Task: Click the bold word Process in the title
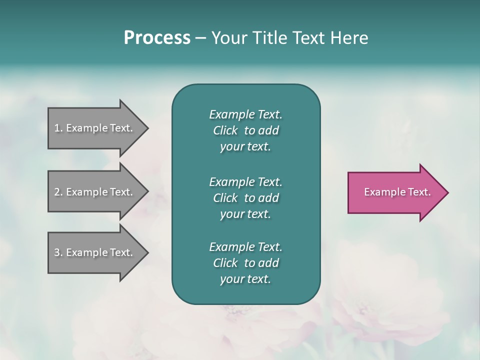[x=157, y=38]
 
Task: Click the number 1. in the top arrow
[x=58, y=128]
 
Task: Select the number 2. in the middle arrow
[x=58, y=192]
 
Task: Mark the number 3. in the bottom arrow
[x=58, y=252]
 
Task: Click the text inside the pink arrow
[x=397, y=192]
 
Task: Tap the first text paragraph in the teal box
[x=245, y=130]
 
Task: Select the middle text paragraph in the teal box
[x=245, y=197]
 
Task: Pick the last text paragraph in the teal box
[x=245, y=263]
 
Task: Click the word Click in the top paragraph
[x=225, y=130]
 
